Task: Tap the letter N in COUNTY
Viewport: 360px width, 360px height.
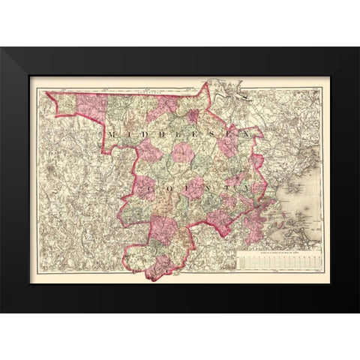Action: (x=205, y=181)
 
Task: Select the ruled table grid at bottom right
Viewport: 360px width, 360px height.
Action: (x=277, y=263)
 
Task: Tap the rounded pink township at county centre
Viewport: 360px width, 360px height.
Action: (x=183, y=154)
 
